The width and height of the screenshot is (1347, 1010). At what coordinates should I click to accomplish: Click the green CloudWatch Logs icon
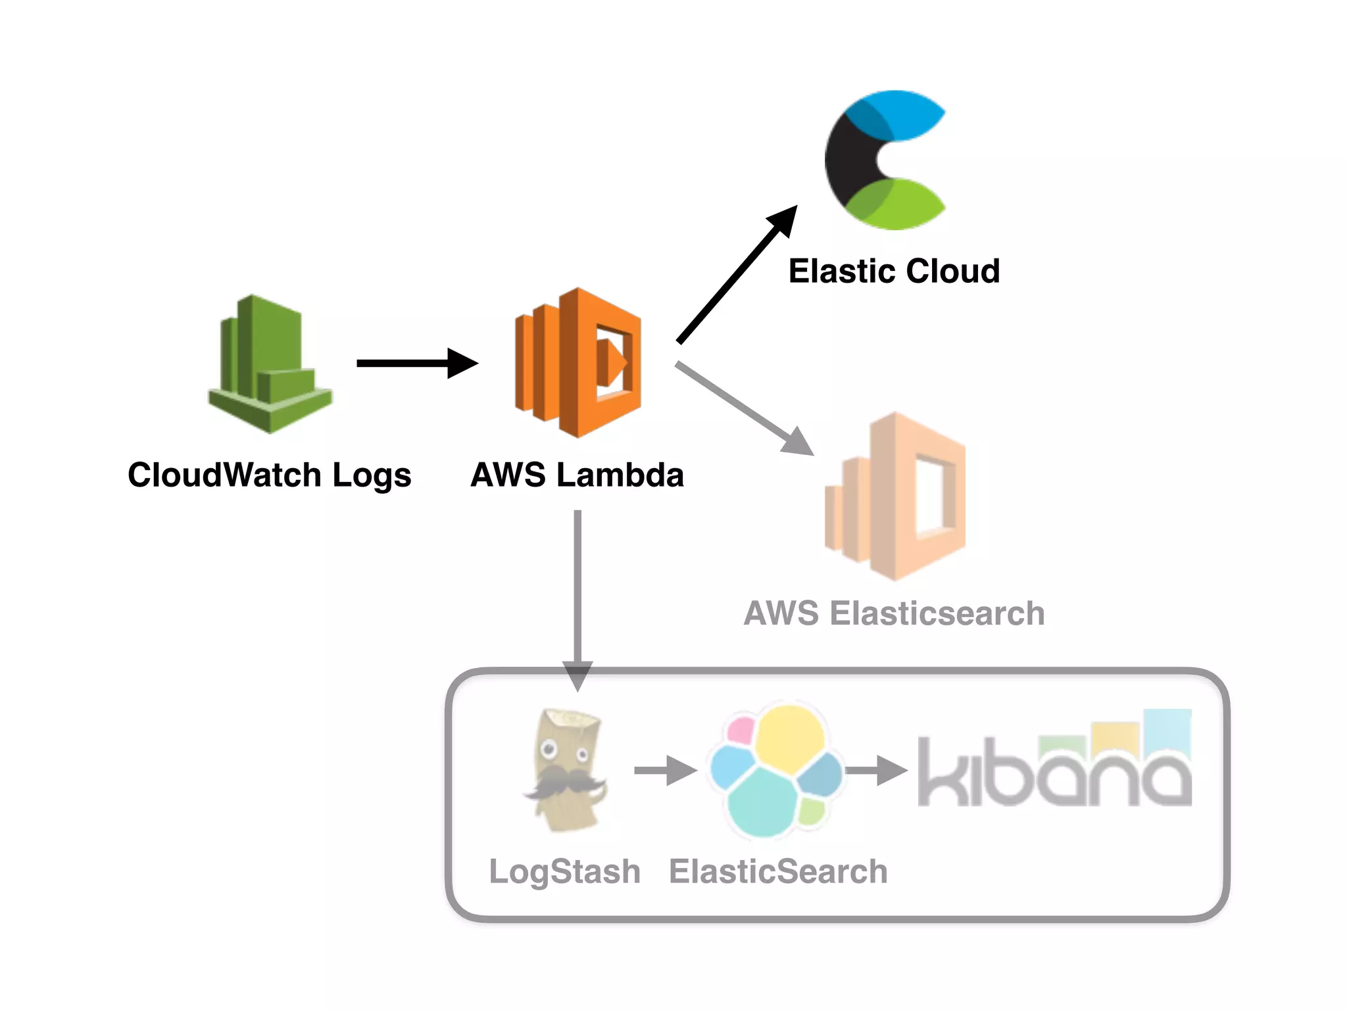(x=270, y=365)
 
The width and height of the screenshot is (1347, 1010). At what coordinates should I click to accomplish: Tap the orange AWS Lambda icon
(x=577, y=363)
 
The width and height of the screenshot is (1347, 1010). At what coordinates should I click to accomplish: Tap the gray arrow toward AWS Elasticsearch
(x=743, y=408)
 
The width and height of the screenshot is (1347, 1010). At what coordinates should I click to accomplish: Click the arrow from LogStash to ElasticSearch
(x=664, y=770)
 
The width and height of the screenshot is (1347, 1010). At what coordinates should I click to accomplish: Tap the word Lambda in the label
(x=620, y=475)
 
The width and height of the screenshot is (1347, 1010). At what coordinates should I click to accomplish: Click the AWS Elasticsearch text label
(x=894, y=613)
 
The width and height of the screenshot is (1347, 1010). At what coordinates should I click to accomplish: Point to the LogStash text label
(x=564, y=872)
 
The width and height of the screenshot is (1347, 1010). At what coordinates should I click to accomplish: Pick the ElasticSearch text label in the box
(x=778, y=872)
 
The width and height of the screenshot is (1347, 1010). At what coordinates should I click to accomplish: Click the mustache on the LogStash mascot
(x=566, y=782)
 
